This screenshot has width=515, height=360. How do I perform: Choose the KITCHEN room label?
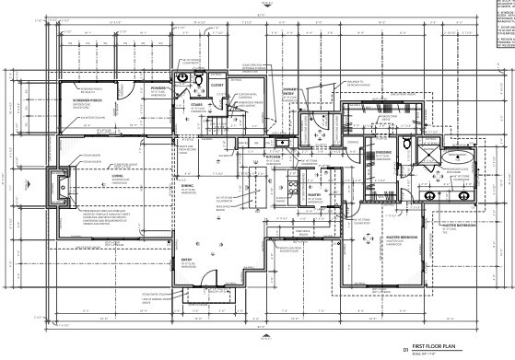tap(273, 157)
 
